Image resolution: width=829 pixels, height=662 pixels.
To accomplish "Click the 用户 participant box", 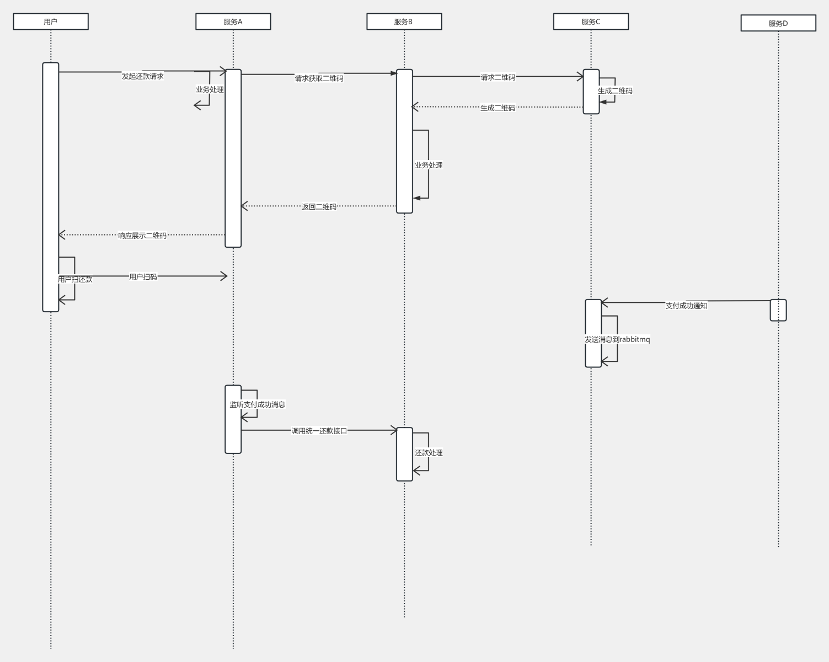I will [51, 22].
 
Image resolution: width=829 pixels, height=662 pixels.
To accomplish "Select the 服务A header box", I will [233, 22].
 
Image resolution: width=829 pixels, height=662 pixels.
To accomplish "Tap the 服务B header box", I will [404, 22].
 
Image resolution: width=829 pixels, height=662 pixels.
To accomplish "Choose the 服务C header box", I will [591, 22].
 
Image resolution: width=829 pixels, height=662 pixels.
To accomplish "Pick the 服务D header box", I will [778, 23].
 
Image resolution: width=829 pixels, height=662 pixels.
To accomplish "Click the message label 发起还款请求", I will [142, 76].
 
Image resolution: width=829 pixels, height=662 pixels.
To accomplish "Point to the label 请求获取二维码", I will [319, 78].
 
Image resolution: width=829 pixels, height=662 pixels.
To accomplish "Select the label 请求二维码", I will [498, 77].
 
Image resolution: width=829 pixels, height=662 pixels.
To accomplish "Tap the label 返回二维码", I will [319, 207].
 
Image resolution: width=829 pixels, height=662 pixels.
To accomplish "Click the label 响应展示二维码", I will [142, 236].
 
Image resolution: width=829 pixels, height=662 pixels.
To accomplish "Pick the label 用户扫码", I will [143, 277].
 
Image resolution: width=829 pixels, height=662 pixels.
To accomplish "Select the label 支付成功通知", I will [686, 306].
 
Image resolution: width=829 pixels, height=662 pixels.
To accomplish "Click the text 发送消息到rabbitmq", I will [617, 339].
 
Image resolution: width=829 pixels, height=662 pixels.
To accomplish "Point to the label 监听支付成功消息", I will [258, 404].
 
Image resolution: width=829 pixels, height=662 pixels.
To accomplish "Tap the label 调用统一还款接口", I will [319, 431].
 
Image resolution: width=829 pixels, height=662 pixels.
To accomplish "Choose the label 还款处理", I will [429, 452].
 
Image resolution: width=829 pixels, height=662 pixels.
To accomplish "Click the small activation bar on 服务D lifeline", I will [778, 310].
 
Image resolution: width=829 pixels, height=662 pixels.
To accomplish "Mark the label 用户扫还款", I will [75, 279].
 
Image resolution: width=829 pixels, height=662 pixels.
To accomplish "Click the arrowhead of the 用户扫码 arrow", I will [224, 276].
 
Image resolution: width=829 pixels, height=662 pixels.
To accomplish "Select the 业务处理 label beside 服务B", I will [429, 165].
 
